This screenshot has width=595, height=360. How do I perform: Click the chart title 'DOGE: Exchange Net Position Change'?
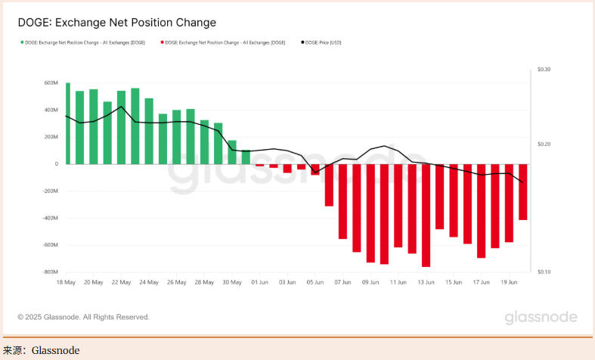pyautogui.click(x=116, y=23)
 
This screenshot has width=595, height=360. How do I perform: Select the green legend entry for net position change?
pyautogui.click(x=83, y=42)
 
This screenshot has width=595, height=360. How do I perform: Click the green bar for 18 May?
pyautogui.click(x=68, y=123)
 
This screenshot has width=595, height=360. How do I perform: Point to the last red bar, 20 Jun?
pyautogui.click(x=522, y=191)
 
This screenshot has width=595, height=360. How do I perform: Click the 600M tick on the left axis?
pyautogui.click(x=51, y=83)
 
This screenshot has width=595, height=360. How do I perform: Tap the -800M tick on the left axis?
pyautogui.click(x=49, y=272)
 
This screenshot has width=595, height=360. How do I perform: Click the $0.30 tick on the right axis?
pyautogui.click(x=544, y=70)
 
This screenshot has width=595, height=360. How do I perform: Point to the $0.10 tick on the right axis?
pyautogui.click(x=544, y=272)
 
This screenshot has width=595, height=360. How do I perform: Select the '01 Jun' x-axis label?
pyautogui.click(x=259, y=282)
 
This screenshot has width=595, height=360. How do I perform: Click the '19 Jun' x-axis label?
pyautogui.click(x=509, y=282)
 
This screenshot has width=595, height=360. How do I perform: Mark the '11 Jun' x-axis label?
pyautogui.click(x=398, y=282)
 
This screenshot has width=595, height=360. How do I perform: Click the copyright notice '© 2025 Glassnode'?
pyautogui.click(x=83, y=317)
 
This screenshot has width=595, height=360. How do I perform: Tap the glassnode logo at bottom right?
pyautogui.click(x=541, y=317)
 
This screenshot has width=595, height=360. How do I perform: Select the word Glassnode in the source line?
pyautogui.click(x=55, y=350)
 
